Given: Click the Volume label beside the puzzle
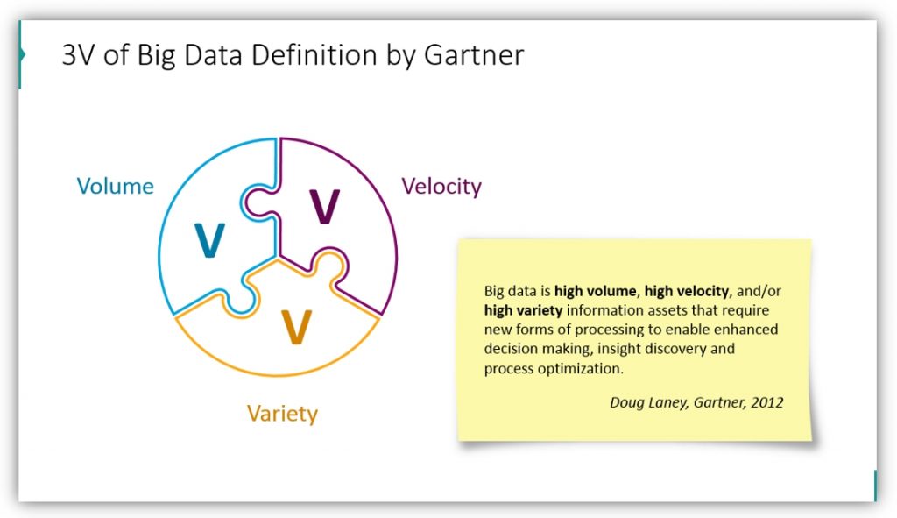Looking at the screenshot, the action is [x=116, y=186].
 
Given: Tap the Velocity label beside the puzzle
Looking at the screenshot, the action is [x=441, y=187].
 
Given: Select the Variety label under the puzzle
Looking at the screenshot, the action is [x=282, y=414].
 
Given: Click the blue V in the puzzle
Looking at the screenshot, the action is [x=209, y=240].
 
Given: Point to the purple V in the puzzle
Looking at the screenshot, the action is [x=325, y=206].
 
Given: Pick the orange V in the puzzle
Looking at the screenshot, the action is [x=297, y=327].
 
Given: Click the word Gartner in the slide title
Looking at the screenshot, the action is [x=474, y=55].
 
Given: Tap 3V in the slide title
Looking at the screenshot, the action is [x=78, y=55].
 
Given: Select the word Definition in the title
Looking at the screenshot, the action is [x=314, y=55].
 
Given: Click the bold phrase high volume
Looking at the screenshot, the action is [x=595, y=291].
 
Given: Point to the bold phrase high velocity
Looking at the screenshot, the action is [x=687, y=291].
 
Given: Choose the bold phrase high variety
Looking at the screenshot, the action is [x=523, y=311].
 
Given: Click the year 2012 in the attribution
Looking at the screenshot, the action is [x=767, y=402].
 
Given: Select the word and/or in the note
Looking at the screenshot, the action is [x=759, y=291].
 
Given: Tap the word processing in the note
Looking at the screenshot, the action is [x=610, y=330].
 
